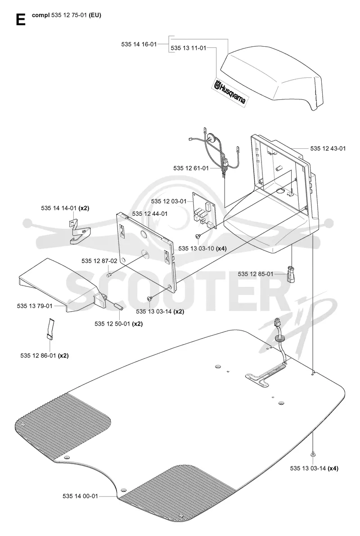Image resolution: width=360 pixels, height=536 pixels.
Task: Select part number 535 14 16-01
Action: (139, 44)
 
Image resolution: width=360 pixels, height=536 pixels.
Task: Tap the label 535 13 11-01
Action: (189, 48)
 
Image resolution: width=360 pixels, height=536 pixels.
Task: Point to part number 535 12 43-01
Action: (328, 148)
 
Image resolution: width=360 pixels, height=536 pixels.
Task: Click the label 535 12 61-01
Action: (191, 168)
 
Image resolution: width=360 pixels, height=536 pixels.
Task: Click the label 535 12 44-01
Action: (150, 214)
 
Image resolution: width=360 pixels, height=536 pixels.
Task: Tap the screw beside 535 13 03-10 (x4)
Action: (198, 236)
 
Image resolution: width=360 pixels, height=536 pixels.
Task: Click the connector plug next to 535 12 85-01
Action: (291, 274)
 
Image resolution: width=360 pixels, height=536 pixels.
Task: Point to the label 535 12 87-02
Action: (99, 261)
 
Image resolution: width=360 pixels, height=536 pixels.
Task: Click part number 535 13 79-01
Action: (35, 306)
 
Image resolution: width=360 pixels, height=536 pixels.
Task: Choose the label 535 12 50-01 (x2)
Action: (119, 323)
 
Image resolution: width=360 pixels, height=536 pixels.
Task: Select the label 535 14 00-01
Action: (81, 496)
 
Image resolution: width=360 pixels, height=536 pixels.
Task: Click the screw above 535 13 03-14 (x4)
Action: (313, 454)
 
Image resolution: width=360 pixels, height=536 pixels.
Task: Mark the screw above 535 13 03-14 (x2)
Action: (149, 299)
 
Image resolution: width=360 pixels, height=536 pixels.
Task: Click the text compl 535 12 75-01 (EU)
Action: (67, 15)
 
